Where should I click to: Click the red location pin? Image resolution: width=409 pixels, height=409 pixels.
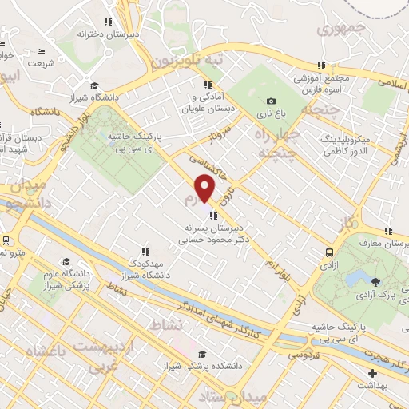206,188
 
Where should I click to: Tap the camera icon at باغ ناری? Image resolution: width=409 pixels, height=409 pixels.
271,101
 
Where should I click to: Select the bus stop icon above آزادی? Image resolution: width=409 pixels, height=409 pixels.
328,252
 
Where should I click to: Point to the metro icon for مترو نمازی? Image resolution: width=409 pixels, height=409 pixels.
6,240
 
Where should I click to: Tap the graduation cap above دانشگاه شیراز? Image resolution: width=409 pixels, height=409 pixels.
93,85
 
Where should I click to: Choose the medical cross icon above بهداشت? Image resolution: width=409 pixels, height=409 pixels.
371,373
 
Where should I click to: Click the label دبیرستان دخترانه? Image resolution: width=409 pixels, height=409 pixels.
109,34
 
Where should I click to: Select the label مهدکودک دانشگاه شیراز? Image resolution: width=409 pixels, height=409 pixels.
146,269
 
